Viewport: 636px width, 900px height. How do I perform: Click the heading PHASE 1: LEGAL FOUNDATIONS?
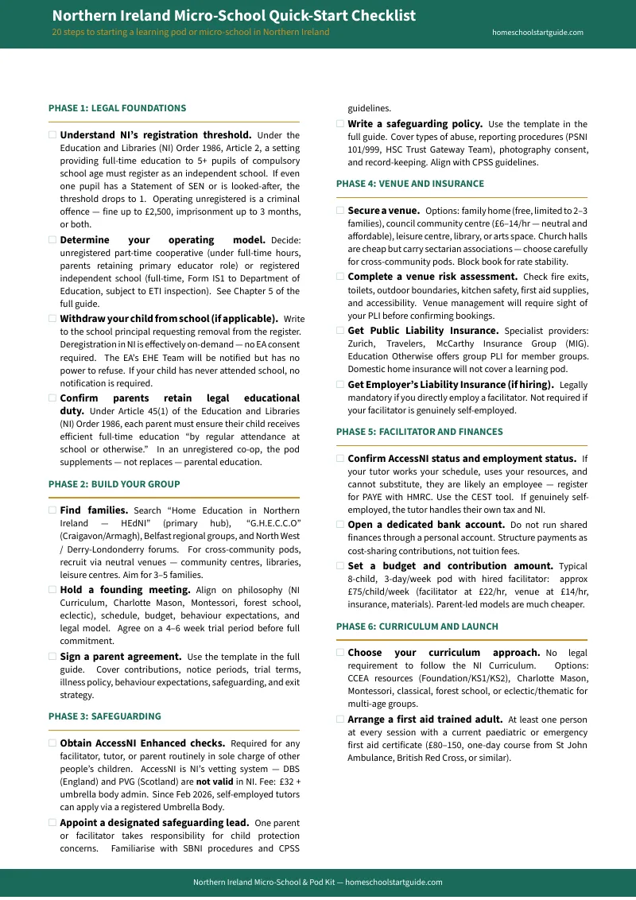[117, 107]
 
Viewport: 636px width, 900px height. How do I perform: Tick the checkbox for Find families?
[52, 510]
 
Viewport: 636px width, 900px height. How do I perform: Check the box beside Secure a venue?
[340, 211]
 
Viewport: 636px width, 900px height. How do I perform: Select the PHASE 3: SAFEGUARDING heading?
[104, 716]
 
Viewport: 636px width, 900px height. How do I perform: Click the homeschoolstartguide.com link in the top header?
[537, 33]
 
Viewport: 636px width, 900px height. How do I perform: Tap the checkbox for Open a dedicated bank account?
[340, 525]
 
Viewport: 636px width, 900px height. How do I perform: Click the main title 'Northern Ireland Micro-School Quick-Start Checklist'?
[234, 16]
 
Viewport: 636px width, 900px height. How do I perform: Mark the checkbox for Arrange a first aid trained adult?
[340, 720]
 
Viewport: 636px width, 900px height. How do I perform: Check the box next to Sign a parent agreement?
[52, 657]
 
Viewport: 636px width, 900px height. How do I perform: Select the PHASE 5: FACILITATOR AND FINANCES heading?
[419, 432]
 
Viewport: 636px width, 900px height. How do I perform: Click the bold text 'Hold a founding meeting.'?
[125, 590]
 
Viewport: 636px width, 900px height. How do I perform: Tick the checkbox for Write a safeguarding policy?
[340, 124]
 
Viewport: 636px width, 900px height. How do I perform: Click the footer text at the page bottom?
[318, 882]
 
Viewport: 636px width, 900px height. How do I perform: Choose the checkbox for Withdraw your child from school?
[52, 318]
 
